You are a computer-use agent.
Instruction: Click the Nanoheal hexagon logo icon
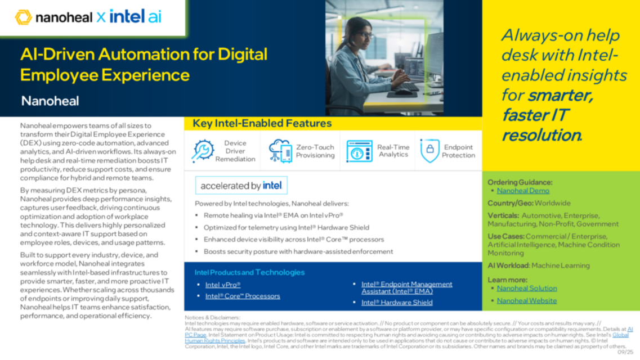point(23,17)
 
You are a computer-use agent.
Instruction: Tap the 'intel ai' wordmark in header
point(135,17)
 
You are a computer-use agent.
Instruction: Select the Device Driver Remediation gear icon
point(203,151)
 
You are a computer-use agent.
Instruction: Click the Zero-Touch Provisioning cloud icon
point(280,151)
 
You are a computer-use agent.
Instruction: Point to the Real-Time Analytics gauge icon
point(359,151)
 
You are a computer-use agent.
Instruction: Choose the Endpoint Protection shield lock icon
point(429,150)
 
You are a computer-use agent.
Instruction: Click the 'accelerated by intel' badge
point(241,186)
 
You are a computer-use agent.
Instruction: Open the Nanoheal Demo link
point(523,191)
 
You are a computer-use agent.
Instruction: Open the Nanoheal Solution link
point(526,288)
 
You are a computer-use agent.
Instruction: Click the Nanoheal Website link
point(526,300)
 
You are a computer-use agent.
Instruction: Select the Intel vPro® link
point(223,285)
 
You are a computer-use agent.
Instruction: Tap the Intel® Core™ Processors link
point(242,296)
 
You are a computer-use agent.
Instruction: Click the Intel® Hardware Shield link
point(397,302)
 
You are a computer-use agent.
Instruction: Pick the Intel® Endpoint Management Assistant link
point(406,287)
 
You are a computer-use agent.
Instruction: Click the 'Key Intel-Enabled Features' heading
point(262,123)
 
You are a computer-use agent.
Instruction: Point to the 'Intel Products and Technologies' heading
point(249,272)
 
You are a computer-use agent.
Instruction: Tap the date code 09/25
point(625,352)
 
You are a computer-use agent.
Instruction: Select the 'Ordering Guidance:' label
point(520,182)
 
